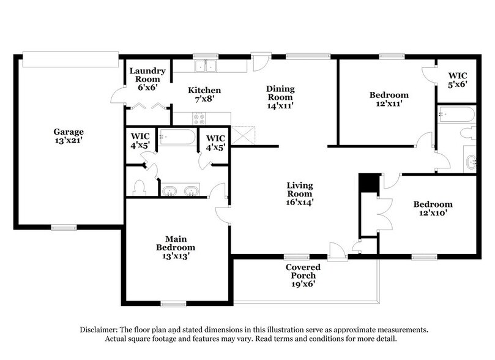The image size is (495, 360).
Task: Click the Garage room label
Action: click(x=68, y=136)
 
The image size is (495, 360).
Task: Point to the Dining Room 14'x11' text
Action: click(x=279, y=97)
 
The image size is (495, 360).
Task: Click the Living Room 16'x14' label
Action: click(x=300, y=193)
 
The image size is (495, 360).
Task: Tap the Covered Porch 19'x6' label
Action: click(x=303, y=276)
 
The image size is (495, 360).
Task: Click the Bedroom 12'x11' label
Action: click(x=389, y=99)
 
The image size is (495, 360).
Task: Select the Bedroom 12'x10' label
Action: click(x=432, y=209)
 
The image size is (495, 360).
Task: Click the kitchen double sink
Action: click(x=206, y=65)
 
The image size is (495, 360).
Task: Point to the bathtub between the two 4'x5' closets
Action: click(x=177, y=137)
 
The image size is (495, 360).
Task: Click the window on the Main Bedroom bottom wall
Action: click(x=173, y=304)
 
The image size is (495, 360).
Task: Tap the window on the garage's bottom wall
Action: click(x=63, y=227)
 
